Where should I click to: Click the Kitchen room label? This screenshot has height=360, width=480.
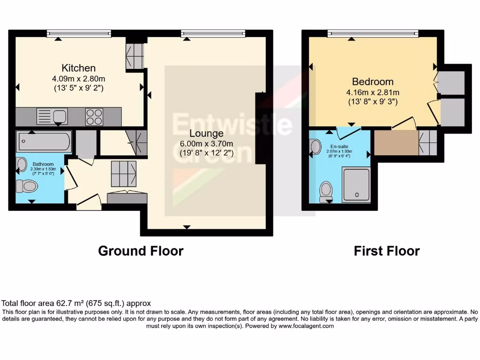pos(79,68)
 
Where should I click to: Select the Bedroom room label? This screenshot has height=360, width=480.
pos(373,82)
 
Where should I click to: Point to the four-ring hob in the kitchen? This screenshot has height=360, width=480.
pos(94,116)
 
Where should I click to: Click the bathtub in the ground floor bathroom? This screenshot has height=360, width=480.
pos(44,141)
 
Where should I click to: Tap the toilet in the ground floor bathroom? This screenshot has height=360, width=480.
pos(27,186)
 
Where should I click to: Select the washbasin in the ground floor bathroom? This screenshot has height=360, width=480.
pos(21,164)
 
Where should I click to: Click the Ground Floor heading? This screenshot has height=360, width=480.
pos(141,251)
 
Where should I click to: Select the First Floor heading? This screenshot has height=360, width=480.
pos(386,251)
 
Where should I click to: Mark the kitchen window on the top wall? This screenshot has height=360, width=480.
pos(79,33)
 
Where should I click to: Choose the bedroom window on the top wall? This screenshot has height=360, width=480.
pos(373,33)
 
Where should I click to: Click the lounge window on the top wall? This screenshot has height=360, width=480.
pos(213,33)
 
